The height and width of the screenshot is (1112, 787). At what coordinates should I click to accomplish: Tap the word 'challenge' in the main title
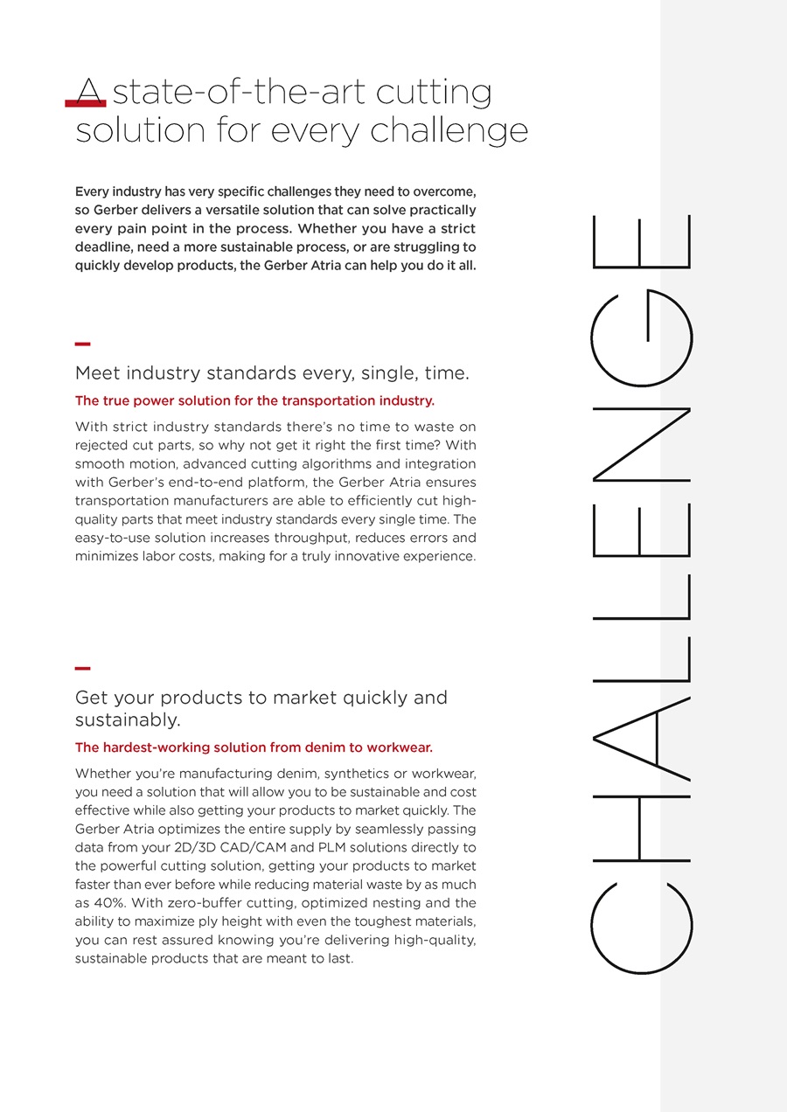(x=449, y=131)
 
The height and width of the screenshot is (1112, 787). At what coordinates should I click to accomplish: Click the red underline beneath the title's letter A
(x=86, y=104)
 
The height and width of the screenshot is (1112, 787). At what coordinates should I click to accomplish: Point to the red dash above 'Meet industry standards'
(x=83, y=344)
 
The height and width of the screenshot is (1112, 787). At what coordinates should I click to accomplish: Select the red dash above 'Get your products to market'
(x=83, y=669)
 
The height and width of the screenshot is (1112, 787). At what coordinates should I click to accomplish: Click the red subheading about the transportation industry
(x=254, y=401)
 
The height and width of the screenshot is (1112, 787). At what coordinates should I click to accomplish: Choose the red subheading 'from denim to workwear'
(x=254, y=747)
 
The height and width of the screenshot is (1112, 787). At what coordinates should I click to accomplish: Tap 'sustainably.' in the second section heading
(x=128, y=720)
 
